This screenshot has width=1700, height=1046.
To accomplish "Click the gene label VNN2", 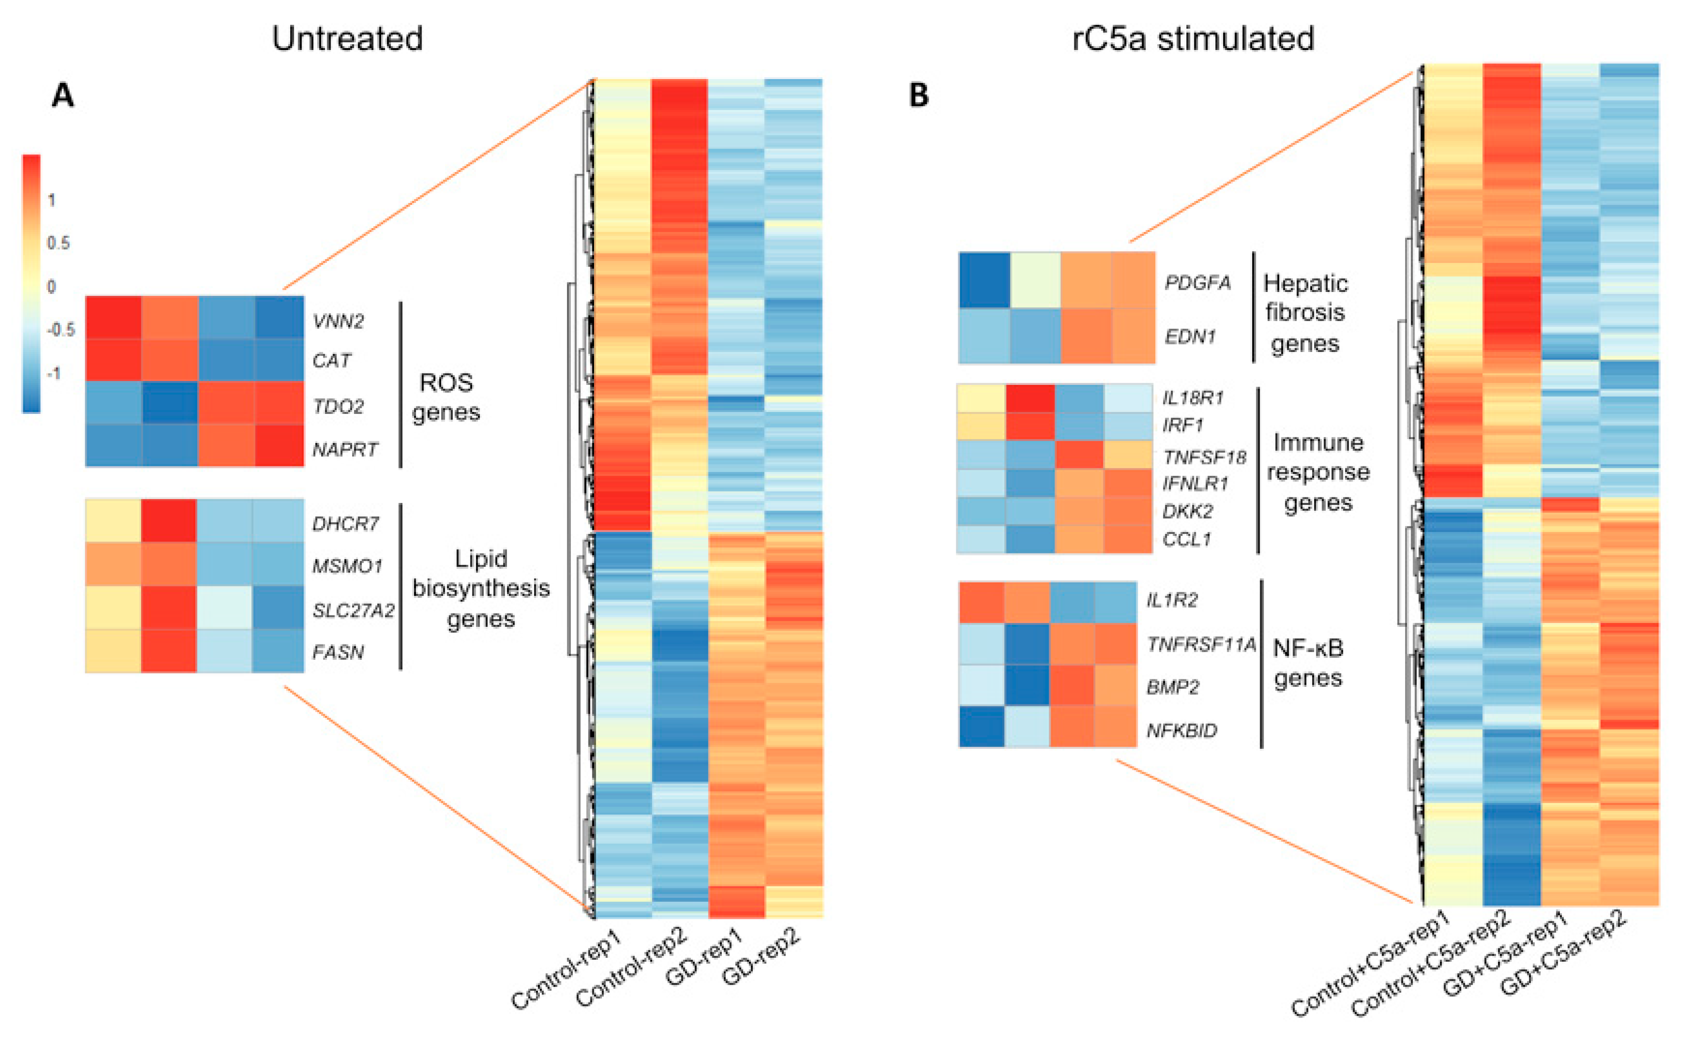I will tap(338, 321).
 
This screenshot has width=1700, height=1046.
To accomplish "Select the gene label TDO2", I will tap(338, 406).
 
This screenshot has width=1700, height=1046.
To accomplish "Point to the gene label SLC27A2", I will tap(353, 610).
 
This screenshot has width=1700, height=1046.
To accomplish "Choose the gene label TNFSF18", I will tap(1204, 457).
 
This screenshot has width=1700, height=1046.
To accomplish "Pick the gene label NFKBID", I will tap(1182, 731).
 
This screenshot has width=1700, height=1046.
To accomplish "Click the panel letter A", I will tap(63, 95).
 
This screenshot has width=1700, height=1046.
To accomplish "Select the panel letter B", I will tap(918, 95).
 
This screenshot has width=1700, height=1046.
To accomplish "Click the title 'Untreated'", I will tap(347, 39).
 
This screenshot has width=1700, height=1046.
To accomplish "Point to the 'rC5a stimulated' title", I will tap(1193, 39).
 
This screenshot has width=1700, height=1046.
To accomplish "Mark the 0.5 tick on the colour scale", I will tap(58, 243).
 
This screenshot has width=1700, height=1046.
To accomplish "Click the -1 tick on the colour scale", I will tap(53, 373).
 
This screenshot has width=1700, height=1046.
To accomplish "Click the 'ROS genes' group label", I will tap(446, 397).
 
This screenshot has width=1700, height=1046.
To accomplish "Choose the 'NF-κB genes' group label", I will tap(1308, 663).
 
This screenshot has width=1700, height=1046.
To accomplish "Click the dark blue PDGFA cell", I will tap(984, 280).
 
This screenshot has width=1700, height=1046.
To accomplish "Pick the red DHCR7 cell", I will tap(169, 520).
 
